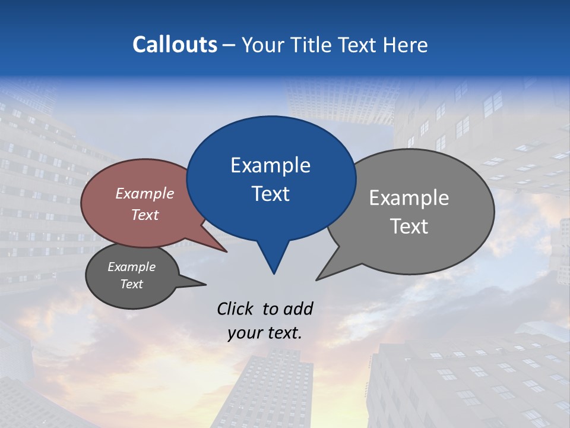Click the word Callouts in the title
click(175, 45)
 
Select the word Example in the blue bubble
click(270, 165)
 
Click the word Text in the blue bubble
click(270, 194)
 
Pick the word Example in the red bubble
click(145, 193)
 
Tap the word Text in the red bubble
click(145, 215)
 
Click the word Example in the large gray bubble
click(408, 198)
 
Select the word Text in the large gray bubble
click(408, 226)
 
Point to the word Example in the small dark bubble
click(132, 267)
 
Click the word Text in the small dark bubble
click(132, 284)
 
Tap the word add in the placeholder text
click(297, 309)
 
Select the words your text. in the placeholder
click(265, 333)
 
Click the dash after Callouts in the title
click(230, 45)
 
